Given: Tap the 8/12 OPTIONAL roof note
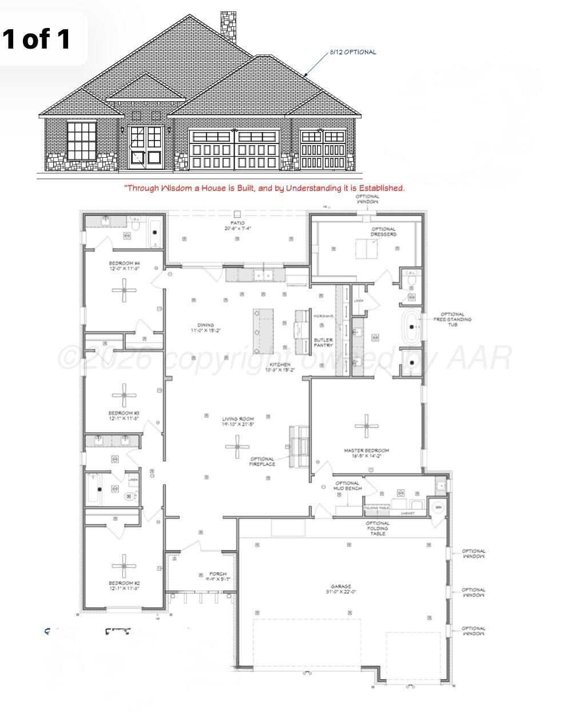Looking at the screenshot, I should [353, 52].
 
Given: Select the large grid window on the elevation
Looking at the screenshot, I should [82, 141].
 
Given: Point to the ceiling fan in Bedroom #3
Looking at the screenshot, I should [124, 394].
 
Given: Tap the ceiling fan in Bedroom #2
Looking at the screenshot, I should [124, 566].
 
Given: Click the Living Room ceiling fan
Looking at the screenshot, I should [237, 446].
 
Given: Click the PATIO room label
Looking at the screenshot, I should [238, 226].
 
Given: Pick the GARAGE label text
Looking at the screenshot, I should [341, 589].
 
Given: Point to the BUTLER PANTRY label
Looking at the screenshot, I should [323, 343].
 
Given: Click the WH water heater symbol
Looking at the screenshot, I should [439, 507].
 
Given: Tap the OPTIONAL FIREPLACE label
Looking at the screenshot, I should [263, 461].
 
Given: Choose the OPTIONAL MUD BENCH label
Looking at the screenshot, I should [347, 486].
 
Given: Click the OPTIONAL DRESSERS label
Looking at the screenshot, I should [383, 232].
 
